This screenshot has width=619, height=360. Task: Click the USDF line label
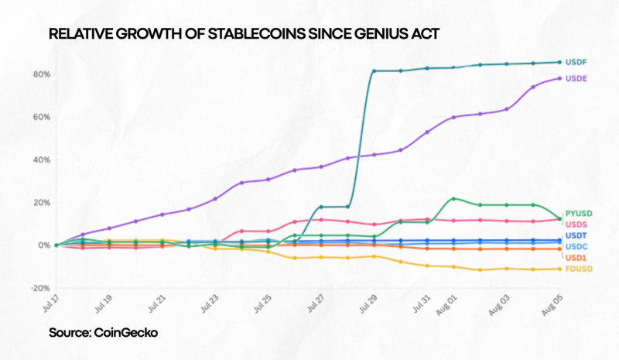(x=576, y=62)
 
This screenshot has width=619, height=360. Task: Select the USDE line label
(x=576, y=79)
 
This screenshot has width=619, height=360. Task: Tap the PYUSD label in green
(x=578, y=212)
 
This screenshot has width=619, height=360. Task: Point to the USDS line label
(x=576, y=223)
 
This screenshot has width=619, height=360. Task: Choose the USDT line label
(x=576, y=235)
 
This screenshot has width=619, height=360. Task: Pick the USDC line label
(x=576, y=246)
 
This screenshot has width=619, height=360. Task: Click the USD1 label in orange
(x=576, y=257)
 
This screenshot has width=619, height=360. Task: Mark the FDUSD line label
(x=578, y=269)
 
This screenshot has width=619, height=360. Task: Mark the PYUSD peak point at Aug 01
(x=453, y=199)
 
